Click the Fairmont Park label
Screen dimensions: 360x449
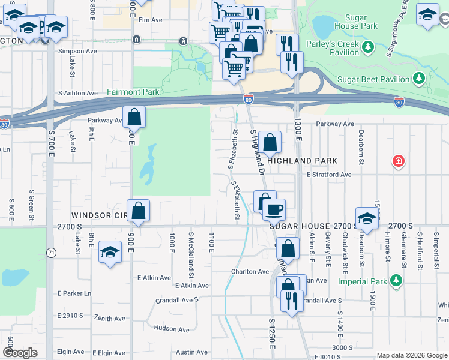133,92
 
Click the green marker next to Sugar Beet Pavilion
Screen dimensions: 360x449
419,79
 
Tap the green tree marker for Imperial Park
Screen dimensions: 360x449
396,280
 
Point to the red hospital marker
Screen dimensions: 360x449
397,161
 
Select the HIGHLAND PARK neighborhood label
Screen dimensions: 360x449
303,161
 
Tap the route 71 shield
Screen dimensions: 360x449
52,253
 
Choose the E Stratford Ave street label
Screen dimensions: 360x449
328,175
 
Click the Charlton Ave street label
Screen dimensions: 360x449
250,271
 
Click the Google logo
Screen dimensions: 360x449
20,353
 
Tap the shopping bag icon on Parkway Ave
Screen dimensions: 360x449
134,117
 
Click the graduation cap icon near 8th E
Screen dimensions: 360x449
110,253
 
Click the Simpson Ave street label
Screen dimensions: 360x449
71,52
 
